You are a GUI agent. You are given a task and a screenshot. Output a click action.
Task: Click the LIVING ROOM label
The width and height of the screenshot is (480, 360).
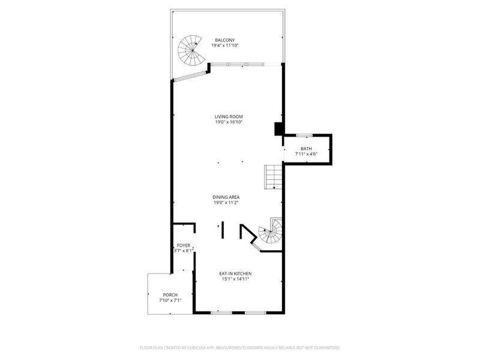(229, 116)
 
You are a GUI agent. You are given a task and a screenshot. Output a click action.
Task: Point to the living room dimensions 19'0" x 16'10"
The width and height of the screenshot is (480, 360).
(229, 122)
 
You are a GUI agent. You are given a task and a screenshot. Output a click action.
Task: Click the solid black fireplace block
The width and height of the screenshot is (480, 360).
(278, 129)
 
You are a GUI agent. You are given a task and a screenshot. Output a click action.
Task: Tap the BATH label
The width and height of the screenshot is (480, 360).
(306, 148)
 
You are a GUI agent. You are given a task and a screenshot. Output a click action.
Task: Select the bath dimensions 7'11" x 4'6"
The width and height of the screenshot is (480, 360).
(306, 154)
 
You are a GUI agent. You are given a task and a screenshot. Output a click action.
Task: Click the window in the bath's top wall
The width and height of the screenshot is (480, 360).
(304, 134)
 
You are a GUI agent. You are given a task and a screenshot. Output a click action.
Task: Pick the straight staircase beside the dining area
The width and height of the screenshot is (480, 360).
(274, 177)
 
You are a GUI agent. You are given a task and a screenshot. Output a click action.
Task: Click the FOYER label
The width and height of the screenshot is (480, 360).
(183, 245)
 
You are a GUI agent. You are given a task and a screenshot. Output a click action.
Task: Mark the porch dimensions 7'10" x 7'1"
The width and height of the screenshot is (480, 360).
(170, 300)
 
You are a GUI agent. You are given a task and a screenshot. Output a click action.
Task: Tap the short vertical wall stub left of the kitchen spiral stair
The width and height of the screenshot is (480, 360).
(223, 230)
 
